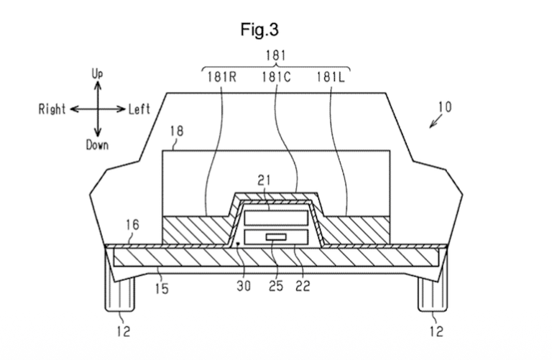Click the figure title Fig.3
pos(259,29)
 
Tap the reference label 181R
pos(222,77)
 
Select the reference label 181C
pos(276,77)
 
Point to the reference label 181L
pos(331,77)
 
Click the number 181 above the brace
pos(276,55)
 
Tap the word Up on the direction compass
pos(97,74)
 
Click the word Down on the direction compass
pos(97,145)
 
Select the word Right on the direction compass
pos(52,109)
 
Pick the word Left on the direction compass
pos(139,109)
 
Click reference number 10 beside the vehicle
pos(445,107)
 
